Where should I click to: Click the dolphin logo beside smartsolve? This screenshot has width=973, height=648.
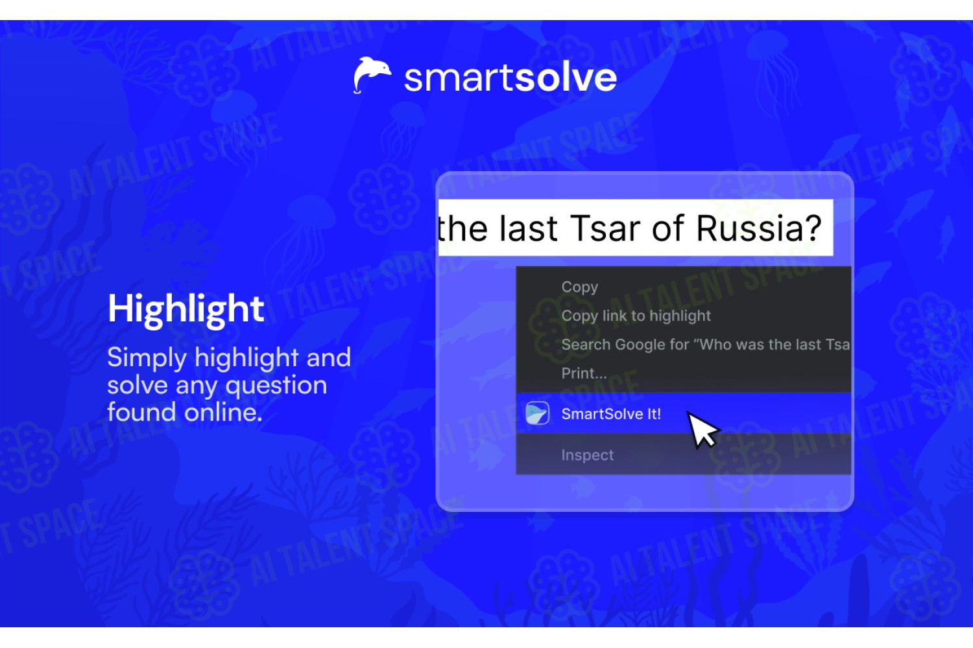coord(372,75)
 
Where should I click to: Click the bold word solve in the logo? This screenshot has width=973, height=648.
coord(566,78)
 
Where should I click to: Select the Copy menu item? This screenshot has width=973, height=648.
coord(579,287)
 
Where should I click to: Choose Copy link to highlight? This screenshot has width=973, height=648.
coord(636,316)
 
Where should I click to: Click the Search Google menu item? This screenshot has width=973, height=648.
coord(706,344)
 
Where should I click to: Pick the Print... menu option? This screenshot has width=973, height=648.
coord(584,373)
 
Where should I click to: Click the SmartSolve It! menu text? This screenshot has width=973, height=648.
coord(611,413)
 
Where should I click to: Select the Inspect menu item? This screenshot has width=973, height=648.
coord(587,455)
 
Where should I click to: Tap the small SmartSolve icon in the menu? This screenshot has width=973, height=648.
coord(537,413)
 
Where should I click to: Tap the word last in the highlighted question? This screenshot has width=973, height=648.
coord(528,228)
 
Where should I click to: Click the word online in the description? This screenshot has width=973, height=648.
coord(223,412)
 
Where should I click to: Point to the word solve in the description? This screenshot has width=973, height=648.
coord(138,385)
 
